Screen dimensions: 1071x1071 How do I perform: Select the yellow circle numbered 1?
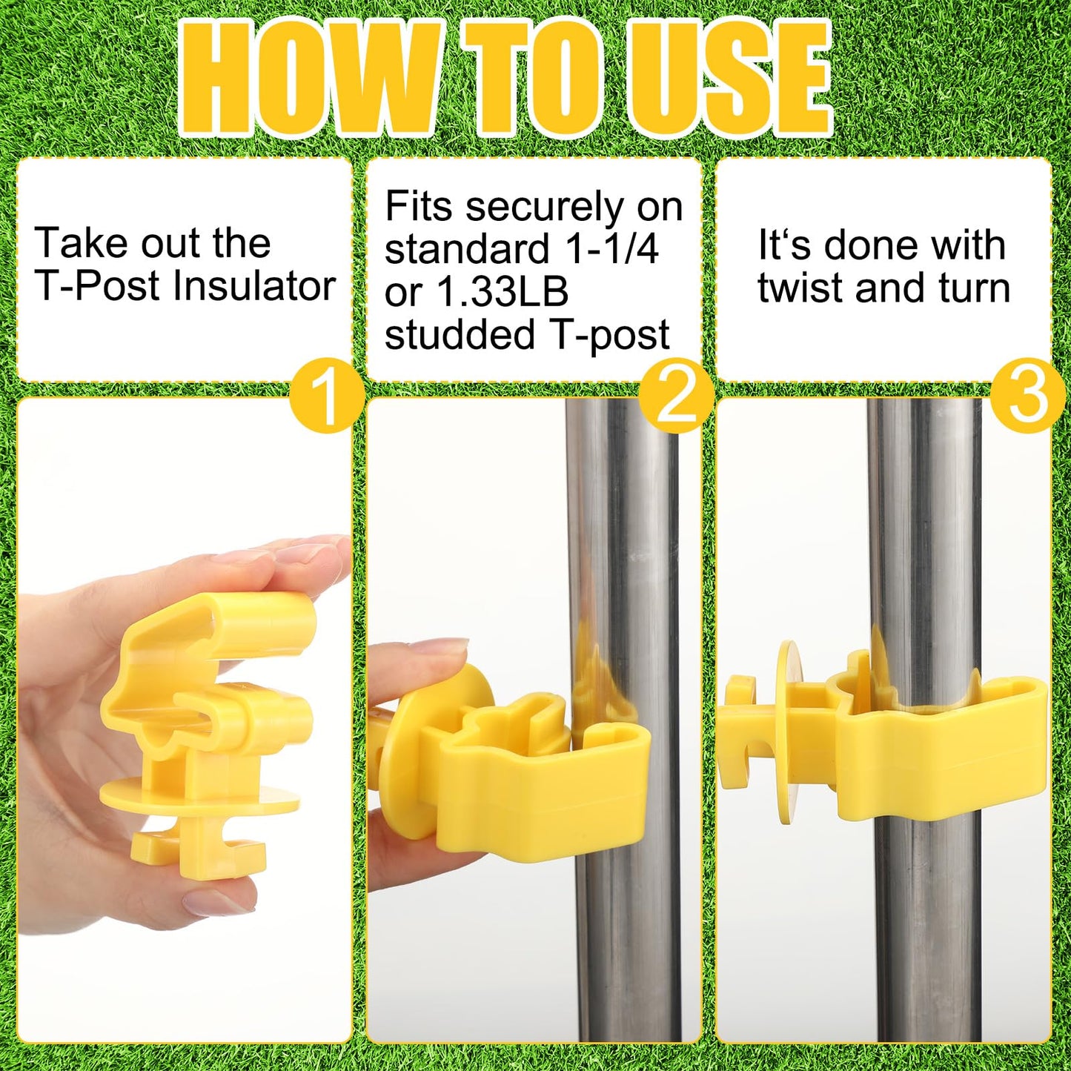(x=328, y=395)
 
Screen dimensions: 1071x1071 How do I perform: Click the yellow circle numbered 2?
(x=676, y=395)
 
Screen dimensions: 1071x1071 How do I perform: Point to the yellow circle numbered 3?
(x=1028, y=395)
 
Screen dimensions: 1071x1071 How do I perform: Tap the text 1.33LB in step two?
(x=503, y=292)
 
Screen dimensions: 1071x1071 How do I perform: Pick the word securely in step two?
(x=545, y=208)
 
